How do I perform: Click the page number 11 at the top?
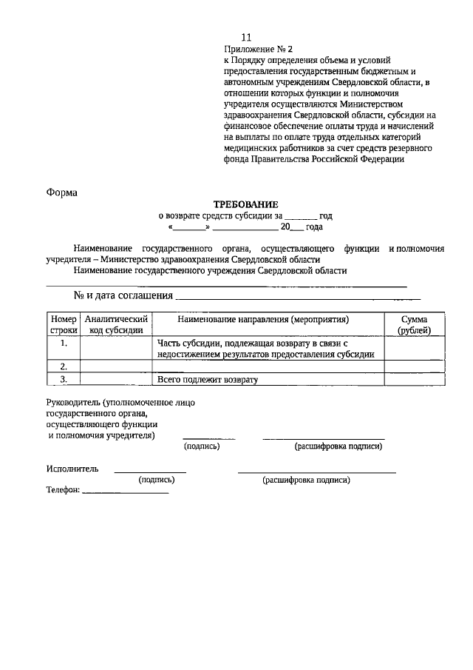(247, 37)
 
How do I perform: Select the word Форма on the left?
(62, 192)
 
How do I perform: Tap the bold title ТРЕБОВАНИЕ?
(246, 204)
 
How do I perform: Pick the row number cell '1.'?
(64, 344)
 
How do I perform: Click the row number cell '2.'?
(64, 366)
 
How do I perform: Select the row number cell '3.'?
(64, 379)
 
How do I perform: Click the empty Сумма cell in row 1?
(414, 349)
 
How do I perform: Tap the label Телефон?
(63, 491)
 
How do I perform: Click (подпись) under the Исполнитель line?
(157, 480)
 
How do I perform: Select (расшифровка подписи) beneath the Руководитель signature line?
(338, 446)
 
